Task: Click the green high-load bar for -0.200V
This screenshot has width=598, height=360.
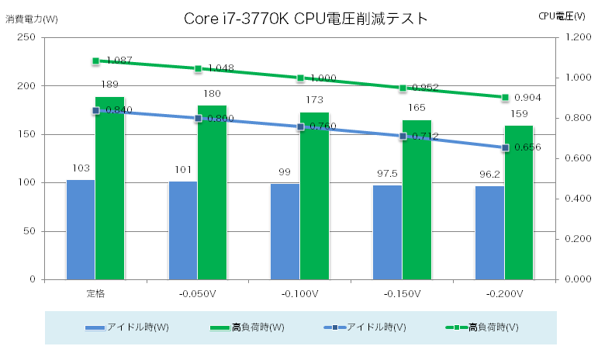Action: [519, 202]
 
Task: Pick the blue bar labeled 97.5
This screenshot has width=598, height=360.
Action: [387, 232]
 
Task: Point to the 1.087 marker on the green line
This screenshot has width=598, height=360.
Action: [95, 61]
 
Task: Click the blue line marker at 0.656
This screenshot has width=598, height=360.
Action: [505, 147]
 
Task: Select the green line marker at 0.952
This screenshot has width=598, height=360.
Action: [403, 88]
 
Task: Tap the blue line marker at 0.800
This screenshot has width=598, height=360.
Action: [199, 118]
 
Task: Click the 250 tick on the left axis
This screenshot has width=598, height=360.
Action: [26, 37]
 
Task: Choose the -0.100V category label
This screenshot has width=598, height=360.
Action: [299, 294]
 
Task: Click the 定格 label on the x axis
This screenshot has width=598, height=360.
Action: [95, 294]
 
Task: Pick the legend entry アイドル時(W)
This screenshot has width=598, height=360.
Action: [127, 327]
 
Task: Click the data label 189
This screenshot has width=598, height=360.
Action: [109, 85]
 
